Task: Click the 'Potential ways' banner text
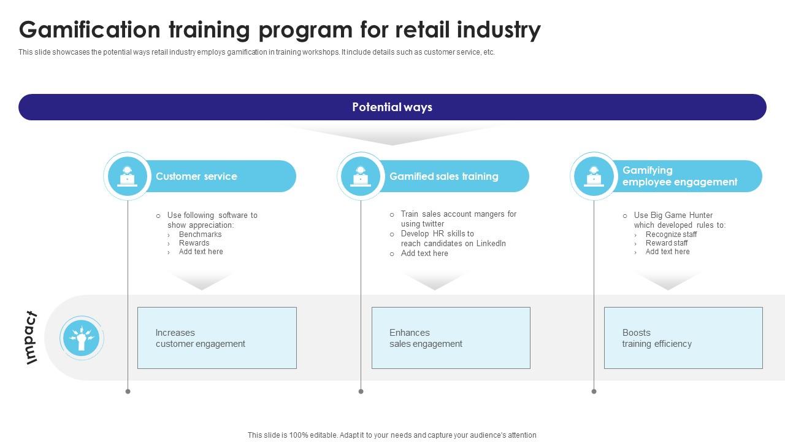pos(392,107)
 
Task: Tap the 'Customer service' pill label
pos(196,176)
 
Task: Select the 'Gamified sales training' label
pos(443,176)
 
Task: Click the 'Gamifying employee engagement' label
pos(680,176)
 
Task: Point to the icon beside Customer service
pos(128,176)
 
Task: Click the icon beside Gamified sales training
pos(361,176)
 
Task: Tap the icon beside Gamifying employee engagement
pos(594,176)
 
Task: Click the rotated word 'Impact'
pos(31,338)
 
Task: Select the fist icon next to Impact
pos(82,338)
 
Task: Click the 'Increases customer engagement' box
pos(217,338)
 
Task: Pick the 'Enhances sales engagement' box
pos(451,338)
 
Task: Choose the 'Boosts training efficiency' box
pos(683,338)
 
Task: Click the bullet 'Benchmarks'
pos(200,235)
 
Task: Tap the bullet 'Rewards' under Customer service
pos(194,243)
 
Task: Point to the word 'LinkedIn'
pos(491,244)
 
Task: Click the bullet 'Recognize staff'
pos(671,235)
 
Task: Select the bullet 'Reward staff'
pos(667,243)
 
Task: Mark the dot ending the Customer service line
pos(128,391)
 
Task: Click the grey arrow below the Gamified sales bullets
pos(434,281)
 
